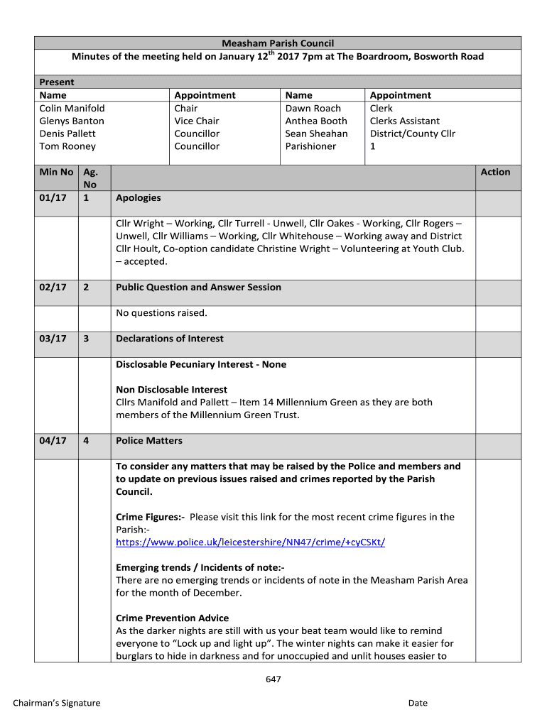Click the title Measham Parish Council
[x=278, y=43]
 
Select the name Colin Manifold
[x=72, y=108]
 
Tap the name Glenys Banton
[x=72, y=121]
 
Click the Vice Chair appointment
[x=197, y=121]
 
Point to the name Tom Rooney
[x=67, y=146]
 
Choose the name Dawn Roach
[x=313, y=108]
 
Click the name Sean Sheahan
[x=316, y=133]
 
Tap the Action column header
[x=495, y=172]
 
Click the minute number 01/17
[x=53, y=197]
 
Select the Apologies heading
[x=139, y=197]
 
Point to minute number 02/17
[x=53, y=287]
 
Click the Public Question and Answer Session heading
[x=198, y=287]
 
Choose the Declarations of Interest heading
[x=170, y=339]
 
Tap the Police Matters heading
[x=149, y=441]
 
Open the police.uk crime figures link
[x=251, y=542]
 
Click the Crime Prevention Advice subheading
[x=173, y=618]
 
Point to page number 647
[x=273, y=679]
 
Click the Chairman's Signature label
[x=57, y=703]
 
